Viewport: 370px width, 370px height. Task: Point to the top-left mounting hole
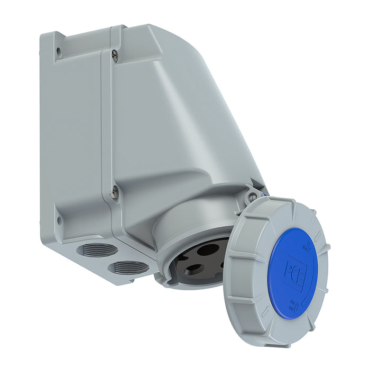tap(58, 51)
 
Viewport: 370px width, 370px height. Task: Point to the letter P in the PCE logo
tap(293, 263)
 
